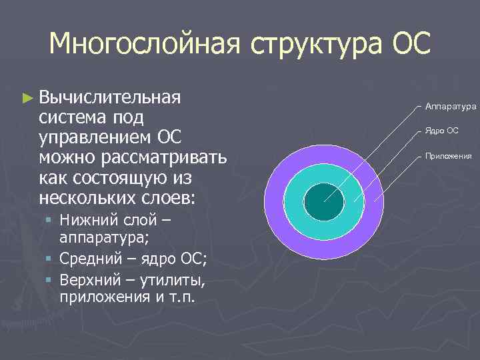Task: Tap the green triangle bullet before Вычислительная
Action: click(27, 98)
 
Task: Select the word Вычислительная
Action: click(110, 97)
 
